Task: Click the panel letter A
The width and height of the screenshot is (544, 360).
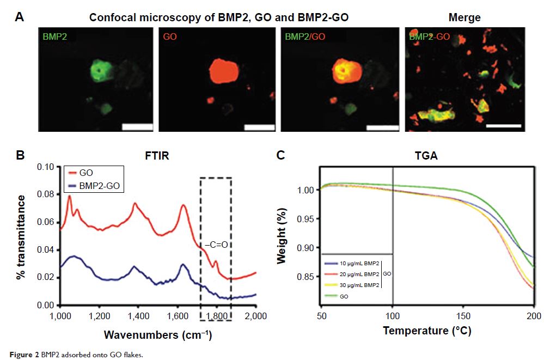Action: (20, 17)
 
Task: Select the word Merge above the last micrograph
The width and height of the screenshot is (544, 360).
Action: (464, 18)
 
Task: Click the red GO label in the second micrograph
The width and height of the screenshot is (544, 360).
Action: (170, 38)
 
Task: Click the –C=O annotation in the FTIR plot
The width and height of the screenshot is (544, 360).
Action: (216, 245)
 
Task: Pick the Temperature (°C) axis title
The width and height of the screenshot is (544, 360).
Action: (427, 331)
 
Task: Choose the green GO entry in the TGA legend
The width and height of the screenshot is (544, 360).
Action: (344, 296)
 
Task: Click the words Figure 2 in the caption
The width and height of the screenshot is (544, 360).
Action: (21, 353)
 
